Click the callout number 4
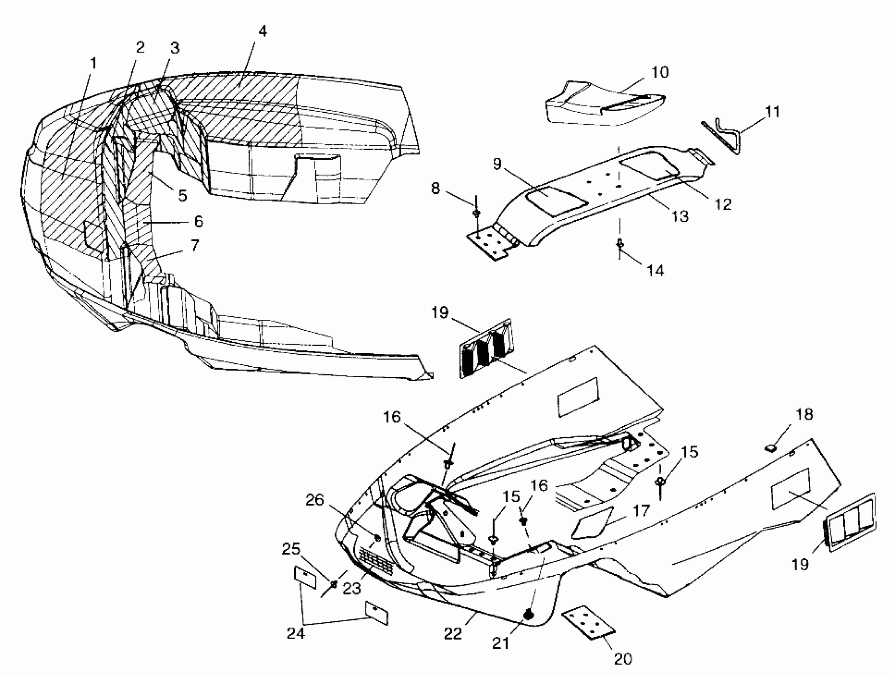(x=263, y=31)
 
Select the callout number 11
(x=773, y=112)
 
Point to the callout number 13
(x=680, y=217)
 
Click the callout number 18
(x=804, y=415)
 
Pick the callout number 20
(x=623, y=659)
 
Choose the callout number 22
(x=453, y=634)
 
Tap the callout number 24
(x=296, y=633)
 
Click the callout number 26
(x=315, y=500)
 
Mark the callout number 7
(x=195, y=245)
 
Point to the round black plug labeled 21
(x=528, y=615)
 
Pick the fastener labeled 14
(x=619, y=244)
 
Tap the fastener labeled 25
(x=334, y=583)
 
